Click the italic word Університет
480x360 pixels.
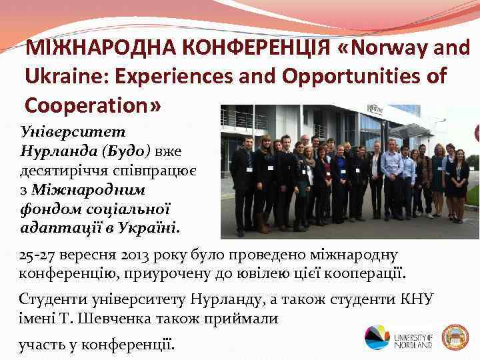(68, 124)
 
